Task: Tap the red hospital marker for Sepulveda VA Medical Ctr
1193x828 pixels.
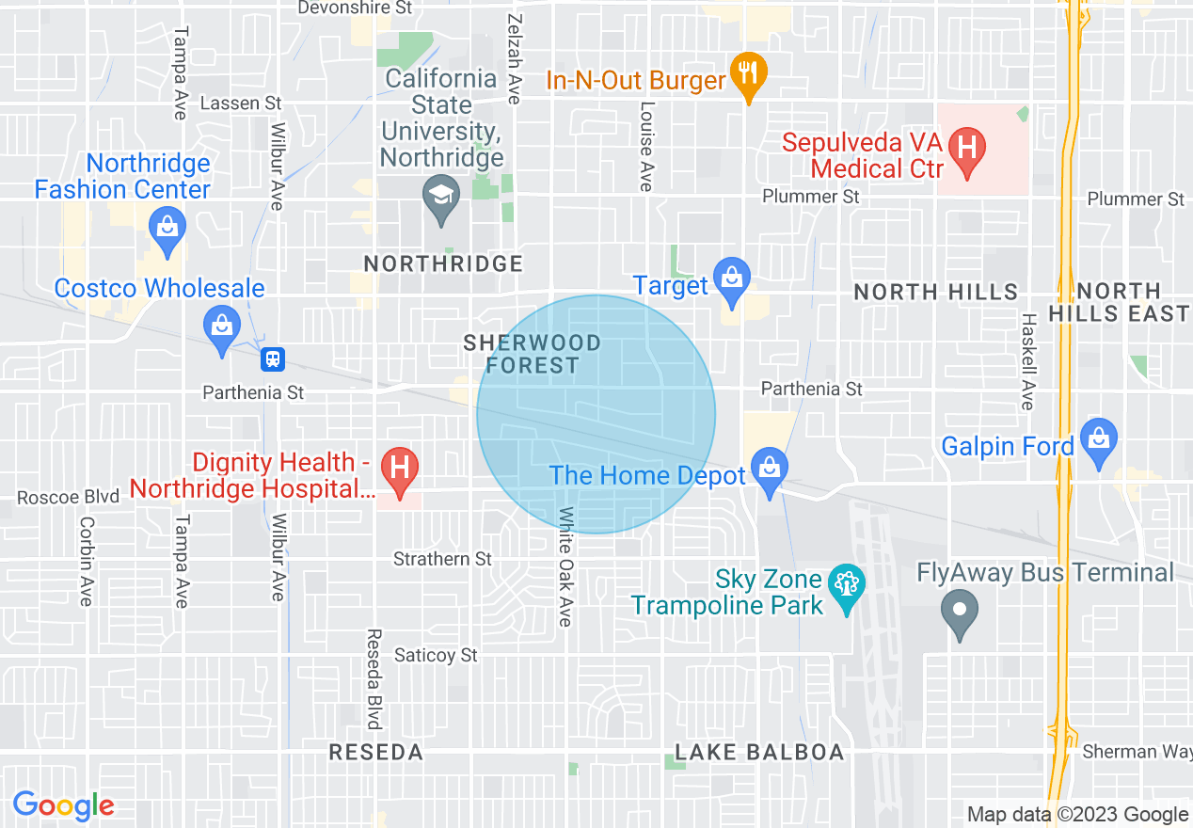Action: (x=964, y=149)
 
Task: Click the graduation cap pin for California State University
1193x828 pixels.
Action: (x=440, y=196)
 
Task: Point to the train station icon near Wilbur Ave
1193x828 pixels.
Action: (x=274, y=358)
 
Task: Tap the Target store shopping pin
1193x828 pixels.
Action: (x=730, y=277)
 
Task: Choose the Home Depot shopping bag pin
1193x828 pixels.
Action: (x=770, y=470)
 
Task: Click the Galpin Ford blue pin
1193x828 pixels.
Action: (x=1098, y=439)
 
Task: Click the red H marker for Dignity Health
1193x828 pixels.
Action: (x=400, y=468)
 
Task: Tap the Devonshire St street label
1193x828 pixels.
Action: (x=355, y=8)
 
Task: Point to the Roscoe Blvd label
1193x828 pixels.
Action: (x=69, y=497)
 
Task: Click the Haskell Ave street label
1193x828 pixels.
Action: (x=1027, y=361)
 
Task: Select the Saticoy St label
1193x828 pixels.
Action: (x=436, y=655)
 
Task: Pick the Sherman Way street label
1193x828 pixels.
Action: (x=1132, y=752)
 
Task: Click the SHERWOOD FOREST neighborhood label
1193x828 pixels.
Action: (x=532, y=354)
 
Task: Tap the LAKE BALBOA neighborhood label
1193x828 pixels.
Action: (x=759, y=753)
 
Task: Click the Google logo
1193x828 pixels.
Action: (x=63, y=806)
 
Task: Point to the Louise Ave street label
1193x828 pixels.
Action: (x=645, y=147)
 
